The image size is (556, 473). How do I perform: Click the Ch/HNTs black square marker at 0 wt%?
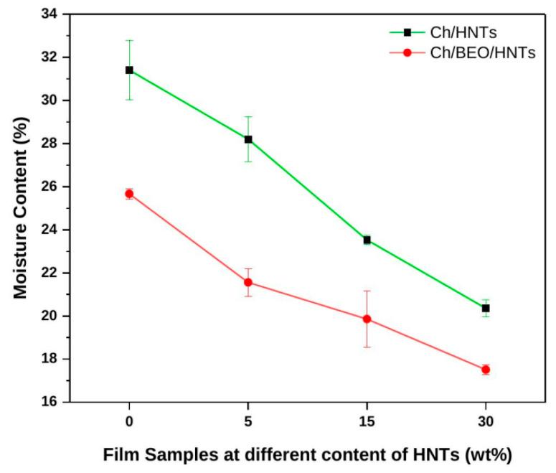tap(129, 70)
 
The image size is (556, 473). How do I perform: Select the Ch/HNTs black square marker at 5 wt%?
tap(248, 139)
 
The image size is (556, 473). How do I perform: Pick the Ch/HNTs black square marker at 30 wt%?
tap(486, 308)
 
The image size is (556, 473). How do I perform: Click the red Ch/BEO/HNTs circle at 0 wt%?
tap(129, 194)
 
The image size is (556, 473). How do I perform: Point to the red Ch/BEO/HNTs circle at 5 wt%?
tap(248, 282)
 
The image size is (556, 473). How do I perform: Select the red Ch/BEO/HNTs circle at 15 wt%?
tap(367, 319)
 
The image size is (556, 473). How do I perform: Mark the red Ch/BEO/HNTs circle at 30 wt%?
tap(486, 370)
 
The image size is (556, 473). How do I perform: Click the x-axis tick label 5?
tap(248, 421)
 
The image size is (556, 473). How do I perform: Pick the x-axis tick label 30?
tap(486, 421)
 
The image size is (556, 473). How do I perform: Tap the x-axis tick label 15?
tap(367, 421)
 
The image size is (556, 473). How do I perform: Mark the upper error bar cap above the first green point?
tap(129, 40)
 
